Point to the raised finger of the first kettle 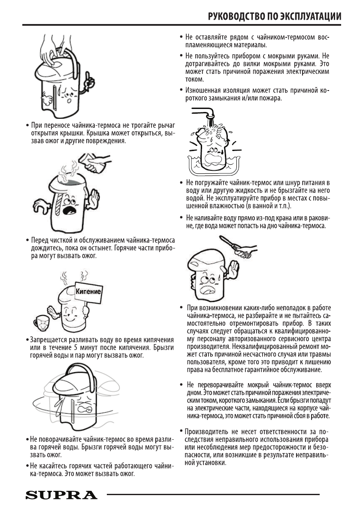pyautogui.click(x=89, y=79)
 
